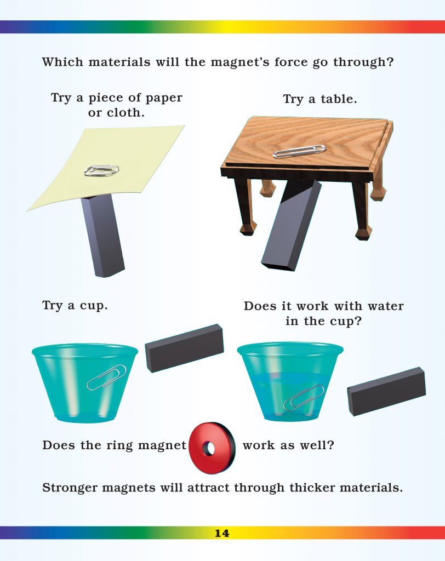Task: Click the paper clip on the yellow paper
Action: (101, 170)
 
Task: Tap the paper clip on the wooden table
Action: (299, 151)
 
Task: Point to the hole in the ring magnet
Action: (208, 449)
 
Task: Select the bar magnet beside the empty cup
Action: (184, 347)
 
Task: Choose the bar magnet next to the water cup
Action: (387, 391)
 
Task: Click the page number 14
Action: (222, 533)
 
